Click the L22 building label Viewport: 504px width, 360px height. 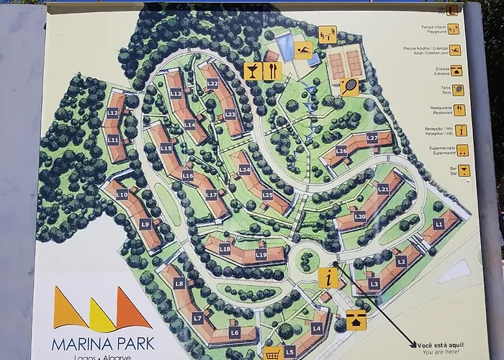click(x=212, y=84)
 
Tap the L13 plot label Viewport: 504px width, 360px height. click(x=176, y=94)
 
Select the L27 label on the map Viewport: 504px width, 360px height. click(x=372, y=138)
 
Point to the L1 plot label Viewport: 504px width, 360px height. click(x=439, y=224)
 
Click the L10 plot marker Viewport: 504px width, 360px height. click(x=122, y=195)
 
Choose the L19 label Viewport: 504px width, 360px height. click(x=261, y=254)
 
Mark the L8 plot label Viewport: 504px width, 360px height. click(x=179, y=284)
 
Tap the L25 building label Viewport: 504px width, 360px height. click(x=267, y=194)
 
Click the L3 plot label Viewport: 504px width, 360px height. click(x=374, y=284)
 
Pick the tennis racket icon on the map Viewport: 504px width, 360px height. click(x=349, y=87)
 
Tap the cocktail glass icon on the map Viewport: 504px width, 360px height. click(x=253, y=71)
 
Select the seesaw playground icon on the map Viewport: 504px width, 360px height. click(x=328, y=33)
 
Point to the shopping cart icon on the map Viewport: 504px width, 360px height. click(x=271, y=354)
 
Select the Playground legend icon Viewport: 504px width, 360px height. click(x=455, y=50)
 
